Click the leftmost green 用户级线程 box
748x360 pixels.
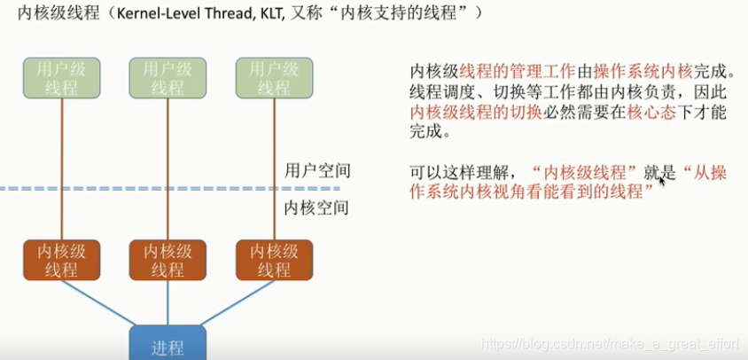[x=60, y=77]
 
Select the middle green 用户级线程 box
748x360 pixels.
[x=168, y=77]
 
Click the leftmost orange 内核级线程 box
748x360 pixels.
[x=60, y=260]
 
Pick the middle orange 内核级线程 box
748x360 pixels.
[x=168, y=260]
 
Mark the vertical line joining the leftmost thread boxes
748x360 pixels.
[x=61, y=168]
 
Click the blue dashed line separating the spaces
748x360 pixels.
[x=133, y=188]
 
